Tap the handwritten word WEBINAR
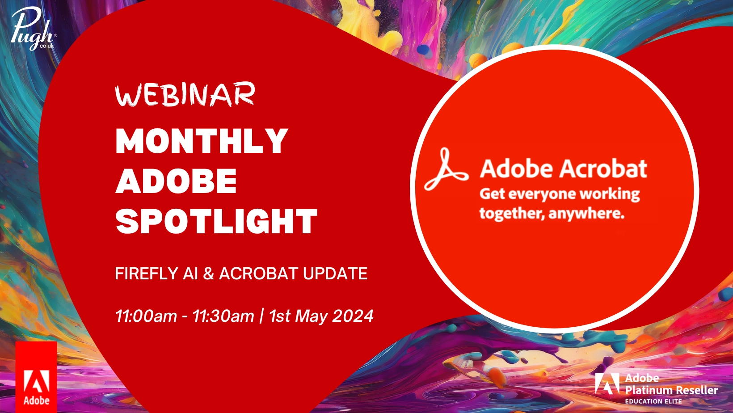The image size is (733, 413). [x=185, y=95]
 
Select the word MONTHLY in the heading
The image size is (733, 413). [x=202, y=141]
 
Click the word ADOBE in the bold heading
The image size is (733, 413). [x=176, y=181]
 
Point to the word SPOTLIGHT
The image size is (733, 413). [x=216, y=222]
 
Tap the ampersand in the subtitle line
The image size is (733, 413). [x=208, y=274]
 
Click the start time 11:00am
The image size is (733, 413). [x=146, y=316]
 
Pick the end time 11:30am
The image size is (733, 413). [x=223, y=316]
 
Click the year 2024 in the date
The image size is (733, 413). [x=353, y=316]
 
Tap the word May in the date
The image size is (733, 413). [x=312, y=316]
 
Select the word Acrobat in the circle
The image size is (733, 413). [x=603, y=169]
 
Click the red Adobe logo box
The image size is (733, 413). [x=36, y=377]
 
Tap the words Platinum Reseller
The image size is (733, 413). [x=671, y=390]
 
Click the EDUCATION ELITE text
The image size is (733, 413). [x=653, y=401]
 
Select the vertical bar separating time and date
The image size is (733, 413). [x=261, y=316]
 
